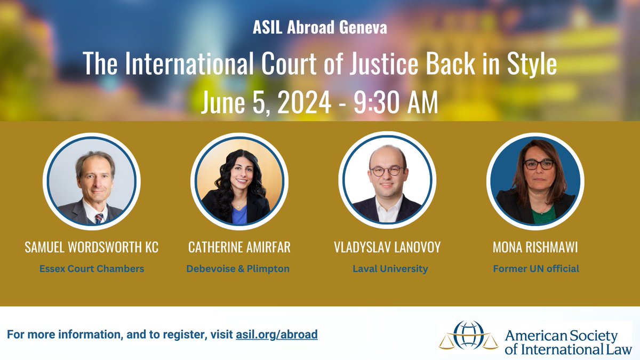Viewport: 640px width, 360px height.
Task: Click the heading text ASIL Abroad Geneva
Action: [x=320, y=28]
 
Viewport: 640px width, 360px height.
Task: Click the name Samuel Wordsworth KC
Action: [x=92, y=247]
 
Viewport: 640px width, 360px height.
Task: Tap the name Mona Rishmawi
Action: [x=535, y=247]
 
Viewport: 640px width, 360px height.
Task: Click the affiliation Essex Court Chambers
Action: [x=92, y=269]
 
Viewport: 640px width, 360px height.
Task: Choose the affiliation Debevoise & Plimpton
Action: [x=238, y=269]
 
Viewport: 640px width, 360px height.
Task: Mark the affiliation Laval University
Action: [x=390, y=269]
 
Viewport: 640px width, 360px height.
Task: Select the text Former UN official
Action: [x=535, y=269]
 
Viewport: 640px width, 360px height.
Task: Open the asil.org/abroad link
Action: [x=276, y=335]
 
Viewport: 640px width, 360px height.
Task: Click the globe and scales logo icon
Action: [x=465, y=335]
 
